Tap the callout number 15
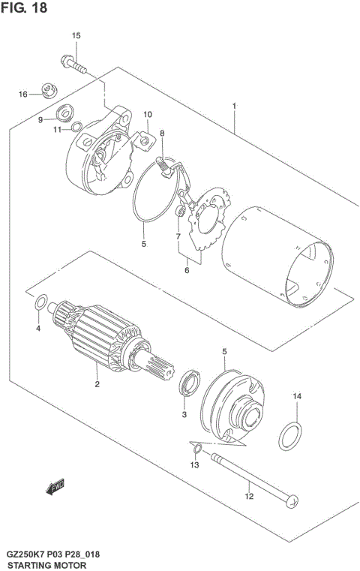(x=76, y=36)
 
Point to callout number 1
(x=235, y=107)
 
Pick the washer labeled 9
(x=64, y=113)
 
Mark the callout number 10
(x=148, y=115)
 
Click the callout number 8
(x=161, y=134)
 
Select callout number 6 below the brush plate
(x=187, y=272)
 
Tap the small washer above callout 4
(x=43, y=303)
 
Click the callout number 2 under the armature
(x=97, y=385)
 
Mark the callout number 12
(x=249, y=496)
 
